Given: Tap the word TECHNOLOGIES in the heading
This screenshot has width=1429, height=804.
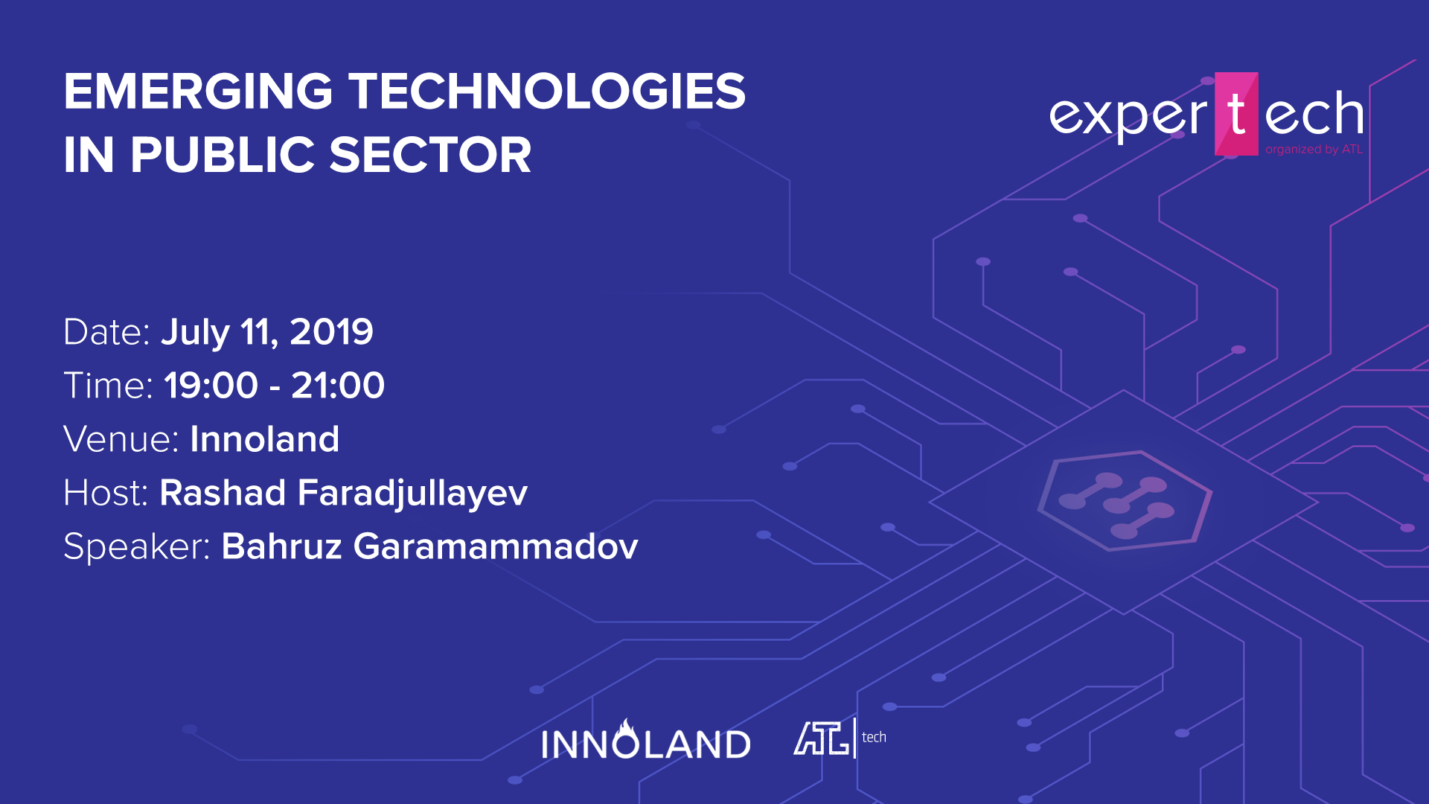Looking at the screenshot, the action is pyautogui.click(x=548, y=92).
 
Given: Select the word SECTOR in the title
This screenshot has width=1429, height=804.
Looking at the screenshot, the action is pyautogui.click(x=430, y=155).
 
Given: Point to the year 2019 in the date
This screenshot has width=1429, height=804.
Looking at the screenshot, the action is pyautogui.click(x=331, y=332).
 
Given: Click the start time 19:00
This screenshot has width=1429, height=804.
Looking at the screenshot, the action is pyautogui.click(x=211, y=386).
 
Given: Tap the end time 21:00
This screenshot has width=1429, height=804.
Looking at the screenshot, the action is pyautogui.click(x=338, y=386).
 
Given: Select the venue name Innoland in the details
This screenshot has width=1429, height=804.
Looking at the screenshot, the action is pyautogui.click(x=265, y=439).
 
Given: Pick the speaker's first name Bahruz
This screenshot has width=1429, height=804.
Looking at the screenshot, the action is pyautogui.click(x=282, y=546).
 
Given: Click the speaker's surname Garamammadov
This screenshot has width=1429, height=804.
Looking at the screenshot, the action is pyautogui.click(x=496, y=546).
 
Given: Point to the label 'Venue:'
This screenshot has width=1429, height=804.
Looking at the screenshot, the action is pyautogui.click(x=121, y=439).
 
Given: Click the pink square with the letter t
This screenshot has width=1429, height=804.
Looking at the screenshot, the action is pyautogui.click(x=1236, y=114).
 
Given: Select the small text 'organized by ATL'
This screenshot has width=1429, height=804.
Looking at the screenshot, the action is pyautogui.click(x=1314, y=150).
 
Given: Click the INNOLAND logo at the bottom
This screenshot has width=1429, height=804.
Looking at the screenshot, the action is pyautogui.click(x=646, y=740).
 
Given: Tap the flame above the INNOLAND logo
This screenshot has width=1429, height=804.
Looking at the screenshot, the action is pyautogui.click(x=627, y=727).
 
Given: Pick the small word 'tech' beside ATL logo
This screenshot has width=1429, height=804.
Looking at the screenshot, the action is pyautogui.click(x=874, y=737).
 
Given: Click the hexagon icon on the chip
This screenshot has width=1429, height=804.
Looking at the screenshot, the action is pyautogui.click(x=1125, y=500).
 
